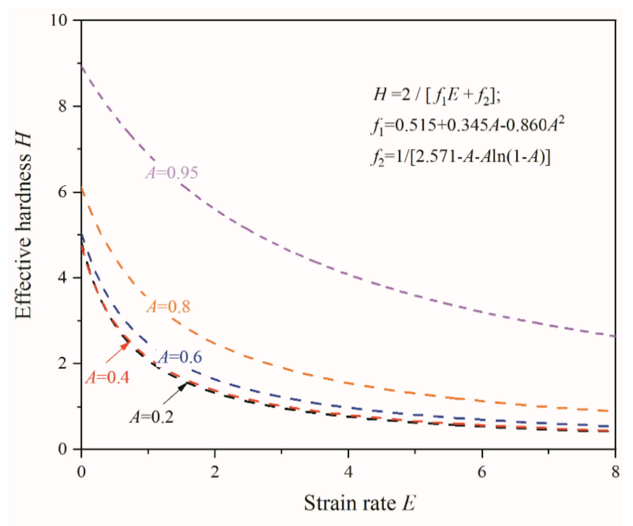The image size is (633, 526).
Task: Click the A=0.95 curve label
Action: [172, 173]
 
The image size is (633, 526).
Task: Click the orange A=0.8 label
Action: [168, 307]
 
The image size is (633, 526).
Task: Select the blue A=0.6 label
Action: [180, 357]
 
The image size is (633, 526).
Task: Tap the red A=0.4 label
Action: [107, 378]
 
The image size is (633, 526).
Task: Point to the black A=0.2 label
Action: [152, 417]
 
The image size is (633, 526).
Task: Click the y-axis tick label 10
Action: [59, 20]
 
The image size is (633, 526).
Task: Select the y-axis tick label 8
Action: [62, 106]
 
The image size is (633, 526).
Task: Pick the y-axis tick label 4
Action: [62, 278]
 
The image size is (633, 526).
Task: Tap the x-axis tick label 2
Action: [215, 472]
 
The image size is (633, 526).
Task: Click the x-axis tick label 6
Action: [482, 472]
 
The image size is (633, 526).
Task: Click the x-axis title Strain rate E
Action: [360, 503]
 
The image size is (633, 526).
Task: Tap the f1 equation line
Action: [467, 125]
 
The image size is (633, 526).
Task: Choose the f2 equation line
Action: [460, 157]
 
